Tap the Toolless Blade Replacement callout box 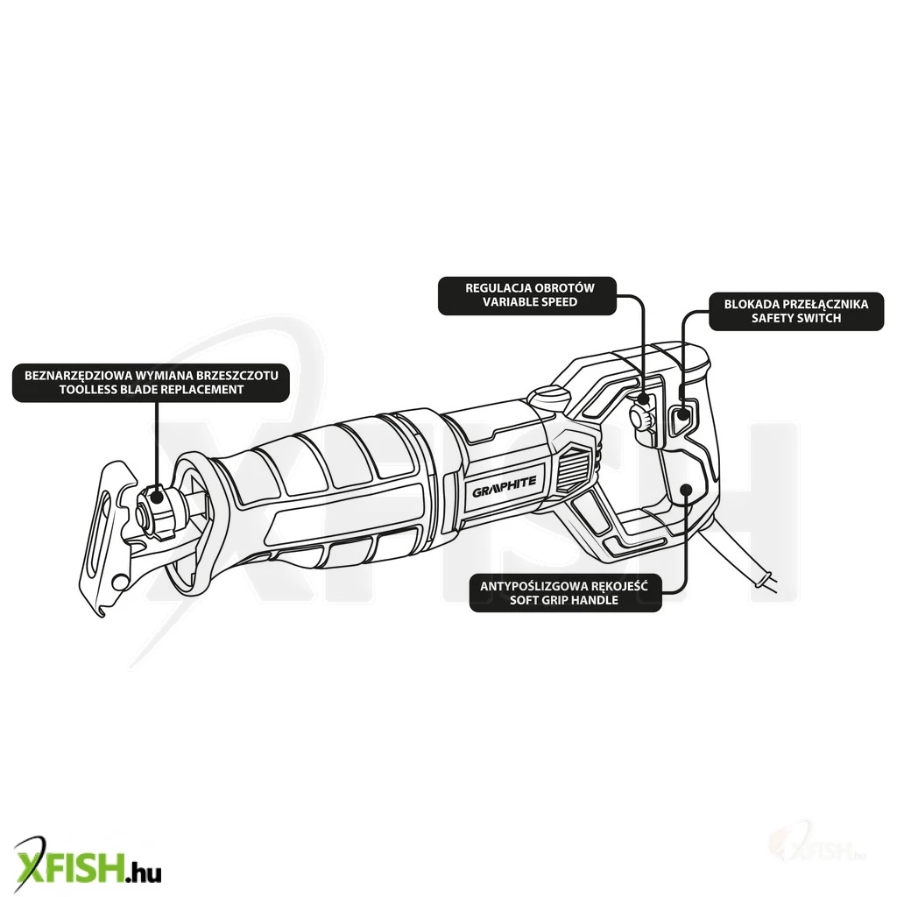click(x=151, y=383)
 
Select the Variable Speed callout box click(x=527, y=295)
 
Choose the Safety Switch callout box click(x=796, y=311)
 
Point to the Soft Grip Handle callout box click(x=565, y=593)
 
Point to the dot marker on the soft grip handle click(x=687, y=490)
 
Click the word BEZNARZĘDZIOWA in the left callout click(x=79, y=376)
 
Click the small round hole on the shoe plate click(x=118, y=583)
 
